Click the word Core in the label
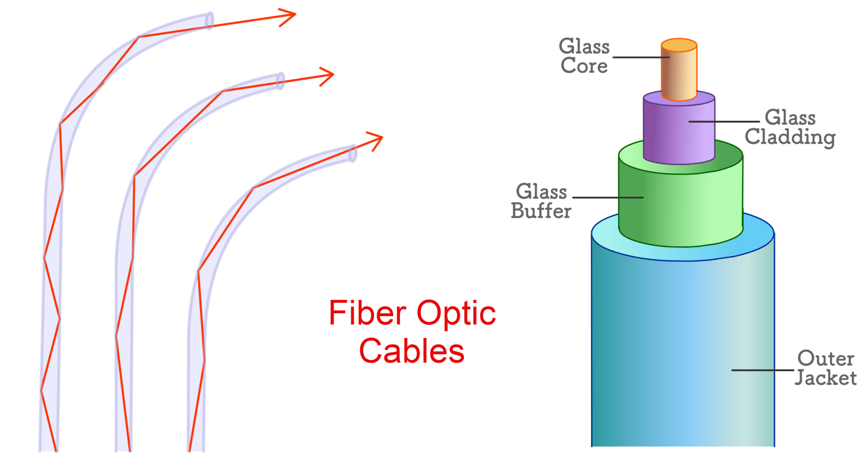pyautogui.click(x=584, y=66)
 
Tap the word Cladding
pyautogui.click(x=790, y=137)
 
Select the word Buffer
pyautogui.click(x=541, y=211)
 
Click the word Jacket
pyautogui.click(x=826, y=378)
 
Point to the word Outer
pyautogui.click(x=826, y=358)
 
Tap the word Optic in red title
pyautogui.click(x=456, y=314)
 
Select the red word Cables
pyautogui.click(x=412, y=351)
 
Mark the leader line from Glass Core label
pyautogui.click(x=640, y=58)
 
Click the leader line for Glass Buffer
pyautogui.click(x=608, y=197)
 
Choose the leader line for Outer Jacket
pyautogui.click(x=762, y=370)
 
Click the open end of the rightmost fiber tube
pyautogui.click(x=353, y=154)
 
